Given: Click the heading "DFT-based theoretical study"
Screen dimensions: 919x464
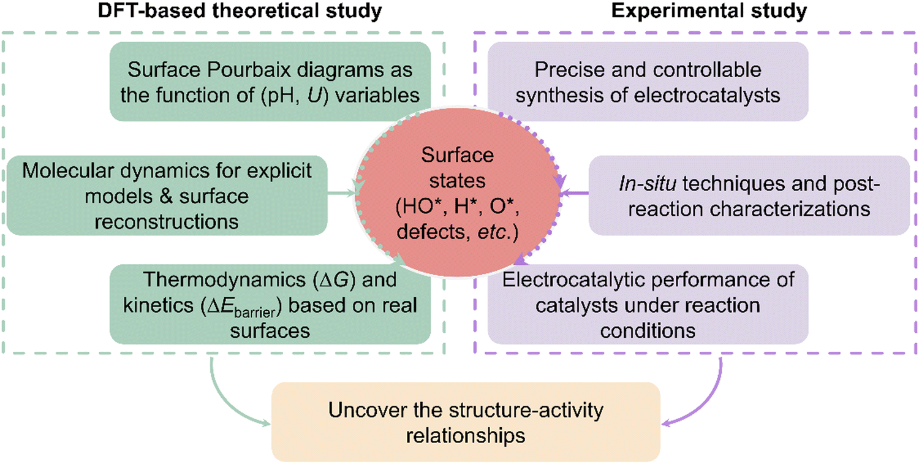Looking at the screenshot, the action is point(240,11).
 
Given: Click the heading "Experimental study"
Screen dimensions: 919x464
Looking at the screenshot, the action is point(709,11).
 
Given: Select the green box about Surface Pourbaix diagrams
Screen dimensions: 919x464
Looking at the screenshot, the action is point(270,82).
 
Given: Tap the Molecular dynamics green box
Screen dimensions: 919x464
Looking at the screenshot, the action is point(167,196).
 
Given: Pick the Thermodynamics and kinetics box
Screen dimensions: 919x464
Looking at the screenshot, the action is point(270,304).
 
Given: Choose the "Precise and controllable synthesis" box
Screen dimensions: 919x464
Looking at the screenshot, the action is point(648,82).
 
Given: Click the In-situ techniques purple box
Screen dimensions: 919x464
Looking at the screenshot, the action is point(749,196).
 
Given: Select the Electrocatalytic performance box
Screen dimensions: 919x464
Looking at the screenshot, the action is point(648,304).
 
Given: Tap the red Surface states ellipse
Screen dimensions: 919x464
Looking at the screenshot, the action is point(458,192).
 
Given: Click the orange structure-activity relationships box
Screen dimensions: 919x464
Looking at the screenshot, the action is point(466,422).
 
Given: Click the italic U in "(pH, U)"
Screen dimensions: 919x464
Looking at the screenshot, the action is point(314,96).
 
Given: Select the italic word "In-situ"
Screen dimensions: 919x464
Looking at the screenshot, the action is point(648,183).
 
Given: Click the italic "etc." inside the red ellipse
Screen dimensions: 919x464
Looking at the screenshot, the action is point(493,232).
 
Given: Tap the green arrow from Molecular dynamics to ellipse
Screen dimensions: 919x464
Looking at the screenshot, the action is point(341,192).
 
